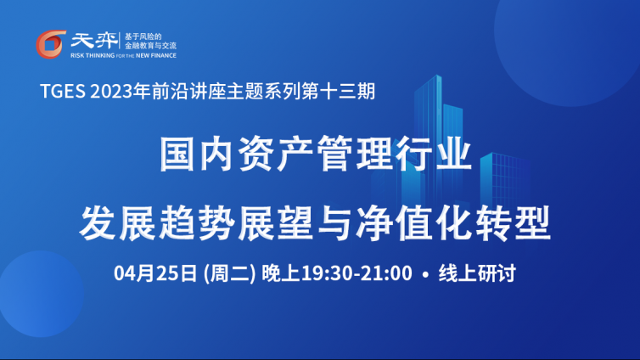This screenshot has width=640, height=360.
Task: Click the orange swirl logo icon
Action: pos(51,44)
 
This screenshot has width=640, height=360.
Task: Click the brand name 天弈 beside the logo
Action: pos(94,41)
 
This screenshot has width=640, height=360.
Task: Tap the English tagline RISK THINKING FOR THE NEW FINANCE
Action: pos(123,55)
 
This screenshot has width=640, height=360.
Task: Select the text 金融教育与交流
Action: pos(150,46)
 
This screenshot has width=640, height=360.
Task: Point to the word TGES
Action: pos(63,91)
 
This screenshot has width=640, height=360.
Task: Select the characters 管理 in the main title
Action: pos(354,154)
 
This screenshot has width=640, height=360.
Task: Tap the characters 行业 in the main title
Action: pos(434,154)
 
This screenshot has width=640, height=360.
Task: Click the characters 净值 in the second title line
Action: pos(394,223)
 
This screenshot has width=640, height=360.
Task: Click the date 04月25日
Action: pos(155,273)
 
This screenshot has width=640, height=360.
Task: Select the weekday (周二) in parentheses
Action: pos(229,273)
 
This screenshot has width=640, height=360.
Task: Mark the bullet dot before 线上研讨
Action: pos(426,274)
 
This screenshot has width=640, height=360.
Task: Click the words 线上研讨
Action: pos(477,273)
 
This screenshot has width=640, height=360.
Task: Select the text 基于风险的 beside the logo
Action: pos(143,37)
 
